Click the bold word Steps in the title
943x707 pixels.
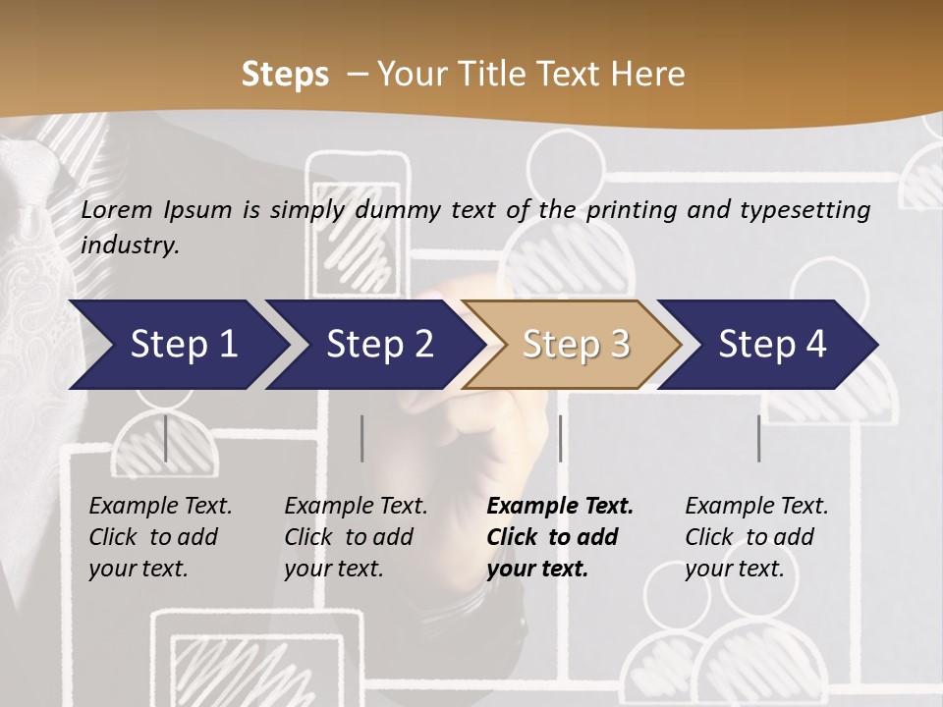click(x=285, y=75)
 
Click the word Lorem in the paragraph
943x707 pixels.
click(x=117, y=210)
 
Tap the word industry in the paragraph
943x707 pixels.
click(x=129, y=245)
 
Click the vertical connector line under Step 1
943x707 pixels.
click(x=166, y=438)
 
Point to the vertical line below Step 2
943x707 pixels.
click(x=362, y=438)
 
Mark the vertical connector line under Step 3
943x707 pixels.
click(x=560, y=438)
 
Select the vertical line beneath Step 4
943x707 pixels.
click(x=758, y=438)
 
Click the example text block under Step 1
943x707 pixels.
click(x=160, y=537)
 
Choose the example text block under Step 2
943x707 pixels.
click(x=356, y=537)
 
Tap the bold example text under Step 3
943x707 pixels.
click(x=560, y=537)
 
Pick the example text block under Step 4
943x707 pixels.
click(x=756, y=537)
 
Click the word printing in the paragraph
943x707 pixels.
click(x=630, y=210)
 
